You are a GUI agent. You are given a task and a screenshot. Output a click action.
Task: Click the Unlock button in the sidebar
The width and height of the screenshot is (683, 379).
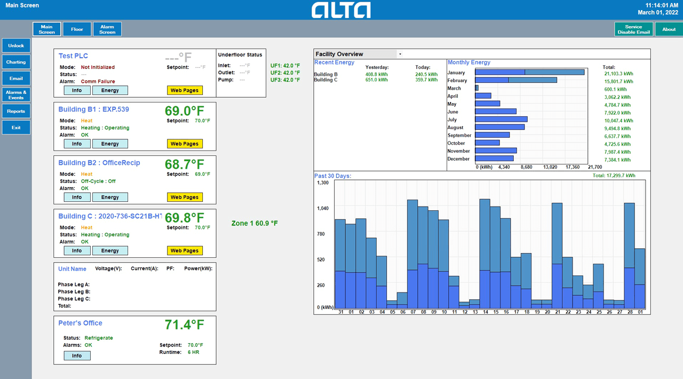16,46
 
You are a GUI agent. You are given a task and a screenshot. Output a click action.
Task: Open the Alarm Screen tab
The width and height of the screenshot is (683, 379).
107,29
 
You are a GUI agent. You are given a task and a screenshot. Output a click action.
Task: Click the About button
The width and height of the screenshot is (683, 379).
669,29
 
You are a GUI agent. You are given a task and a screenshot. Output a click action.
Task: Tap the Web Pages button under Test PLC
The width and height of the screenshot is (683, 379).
184,91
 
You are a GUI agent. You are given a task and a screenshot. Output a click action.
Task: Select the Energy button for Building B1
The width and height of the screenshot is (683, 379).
110,144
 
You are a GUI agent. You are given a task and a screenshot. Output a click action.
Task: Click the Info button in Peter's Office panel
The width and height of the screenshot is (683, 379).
77,356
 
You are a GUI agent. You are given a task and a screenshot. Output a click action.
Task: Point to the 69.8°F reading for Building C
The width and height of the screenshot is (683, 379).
185,218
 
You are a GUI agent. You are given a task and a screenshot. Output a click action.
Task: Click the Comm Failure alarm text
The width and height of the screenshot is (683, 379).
98,82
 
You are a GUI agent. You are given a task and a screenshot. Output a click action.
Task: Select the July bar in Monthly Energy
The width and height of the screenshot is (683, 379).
501,120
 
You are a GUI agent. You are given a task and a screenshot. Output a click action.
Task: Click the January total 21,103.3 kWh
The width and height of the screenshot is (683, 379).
618,74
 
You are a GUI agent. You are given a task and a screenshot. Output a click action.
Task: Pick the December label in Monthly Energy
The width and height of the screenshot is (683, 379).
458,159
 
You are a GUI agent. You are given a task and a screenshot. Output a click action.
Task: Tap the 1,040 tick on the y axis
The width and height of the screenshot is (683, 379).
323,208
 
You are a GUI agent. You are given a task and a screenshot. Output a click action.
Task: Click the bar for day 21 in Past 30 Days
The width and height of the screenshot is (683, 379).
557,256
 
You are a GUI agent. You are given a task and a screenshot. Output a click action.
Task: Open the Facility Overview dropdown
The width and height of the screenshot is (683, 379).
400,54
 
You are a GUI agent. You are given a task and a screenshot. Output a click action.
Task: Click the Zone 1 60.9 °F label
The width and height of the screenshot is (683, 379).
255,223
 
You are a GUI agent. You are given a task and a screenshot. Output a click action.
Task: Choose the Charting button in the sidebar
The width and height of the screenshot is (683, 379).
16,62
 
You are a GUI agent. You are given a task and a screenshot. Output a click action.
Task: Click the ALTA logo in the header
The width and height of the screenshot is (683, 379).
341,10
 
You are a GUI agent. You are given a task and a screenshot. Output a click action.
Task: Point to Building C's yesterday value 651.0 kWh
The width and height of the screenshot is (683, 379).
377,80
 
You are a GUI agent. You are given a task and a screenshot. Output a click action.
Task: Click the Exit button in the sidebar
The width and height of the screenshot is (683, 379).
16,128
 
